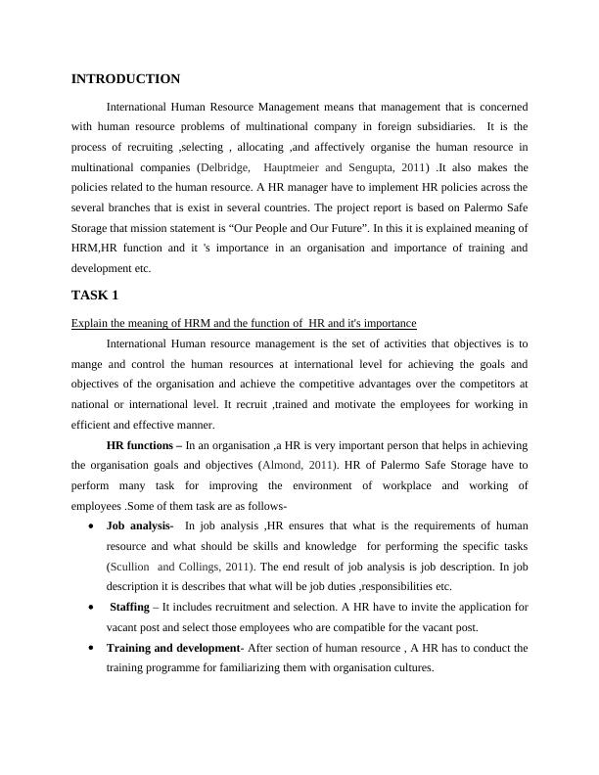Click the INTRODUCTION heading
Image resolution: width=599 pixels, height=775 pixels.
click(125, 78)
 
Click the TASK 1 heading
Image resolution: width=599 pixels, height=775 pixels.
click(94, 295)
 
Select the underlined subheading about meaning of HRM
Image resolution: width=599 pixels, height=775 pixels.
click(244, 323)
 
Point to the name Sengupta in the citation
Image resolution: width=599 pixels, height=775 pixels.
click(369, 167)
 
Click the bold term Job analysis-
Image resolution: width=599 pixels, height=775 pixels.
click(140, 525)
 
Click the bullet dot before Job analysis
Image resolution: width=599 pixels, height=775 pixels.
click(91, 526)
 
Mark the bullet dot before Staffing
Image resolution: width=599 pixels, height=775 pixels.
click(91, 608)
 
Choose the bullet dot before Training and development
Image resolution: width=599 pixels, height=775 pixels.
click(91, 648)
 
